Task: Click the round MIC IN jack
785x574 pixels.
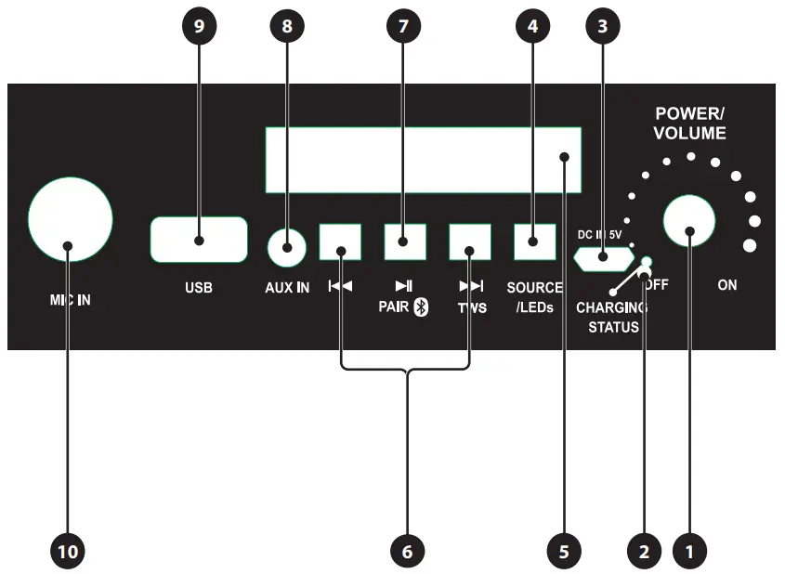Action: tap(70, 219)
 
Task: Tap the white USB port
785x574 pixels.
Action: tap(199, 241)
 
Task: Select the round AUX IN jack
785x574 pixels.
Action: tap(287, 247)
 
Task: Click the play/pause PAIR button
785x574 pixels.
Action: tap(404, 241)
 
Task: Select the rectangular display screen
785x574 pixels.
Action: tap(423, 160)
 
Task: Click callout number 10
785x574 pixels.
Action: tap(70, 551)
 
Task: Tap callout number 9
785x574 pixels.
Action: tap(199, 27)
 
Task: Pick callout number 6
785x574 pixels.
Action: tap(407, 551)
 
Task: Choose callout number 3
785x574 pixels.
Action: tap(603, 27)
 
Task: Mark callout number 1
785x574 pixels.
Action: tap(689, 551)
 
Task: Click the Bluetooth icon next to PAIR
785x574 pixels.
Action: tap(421, 308)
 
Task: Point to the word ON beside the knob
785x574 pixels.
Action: tap(727, 285)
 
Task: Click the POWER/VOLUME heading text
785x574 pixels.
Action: tap(689, 123)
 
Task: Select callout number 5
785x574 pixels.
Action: tap(563, 551)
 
